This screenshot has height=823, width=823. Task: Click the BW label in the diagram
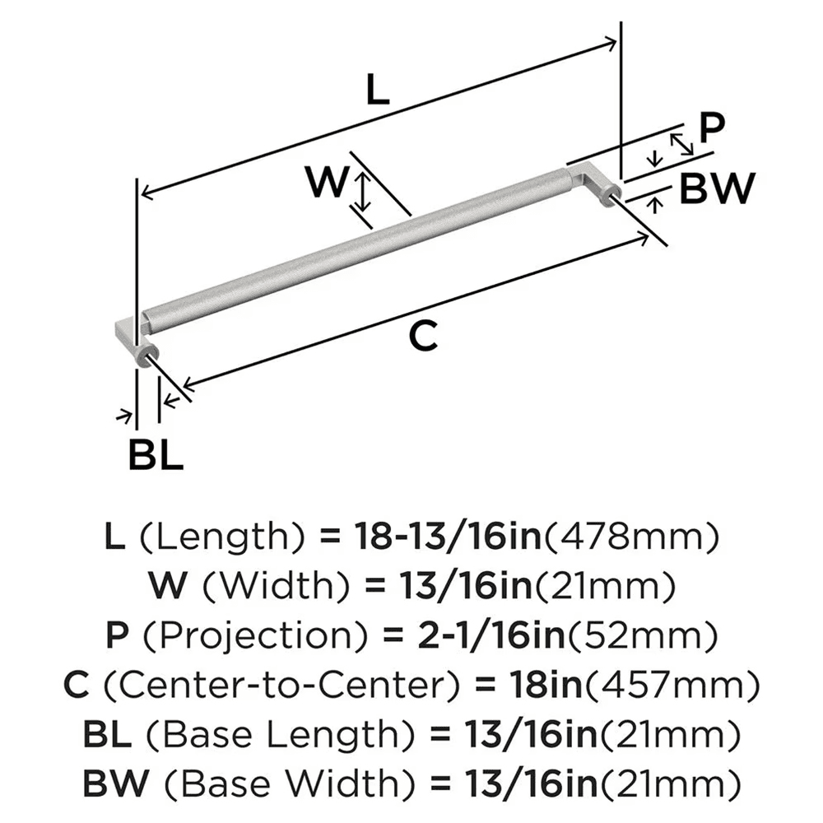(717, 190)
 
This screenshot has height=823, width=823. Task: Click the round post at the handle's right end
(610, 196)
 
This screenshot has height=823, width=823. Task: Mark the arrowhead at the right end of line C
(644, 237)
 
